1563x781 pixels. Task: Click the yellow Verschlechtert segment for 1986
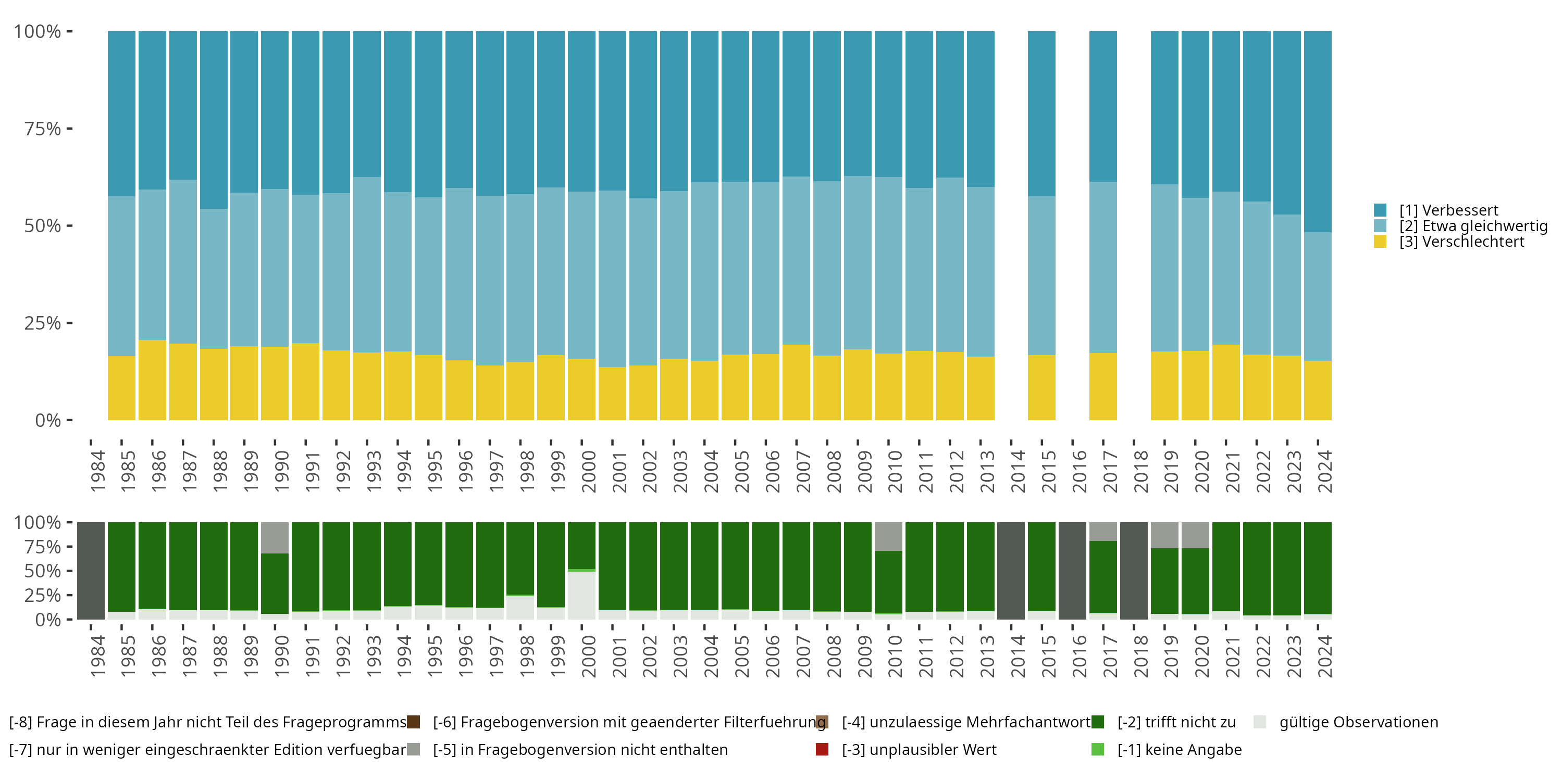click(x=152, y=380)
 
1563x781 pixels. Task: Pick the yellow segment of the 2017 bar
click(x=1102, y=386)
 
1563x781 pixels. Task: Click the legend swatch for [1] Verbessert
click(x=1380, y=210)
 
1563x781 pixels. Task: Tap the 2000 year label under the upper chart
click(x=589, y=471)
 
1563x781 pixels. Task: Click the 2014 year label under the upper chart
click(x=1018, y=471)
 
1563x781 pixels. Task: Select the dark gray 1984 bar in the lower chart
click(x=91, y=571)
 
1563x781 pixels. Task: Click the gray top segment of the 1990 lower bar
click(x=275, y=537)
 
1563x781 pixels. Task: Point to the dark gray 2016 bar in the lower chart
click(x=1072, y=571)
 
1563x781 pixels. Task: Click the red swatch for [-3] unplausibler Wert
click(x=822, y=749)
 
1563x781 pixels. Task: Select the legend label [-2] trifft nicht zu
click(x=1176, y=722)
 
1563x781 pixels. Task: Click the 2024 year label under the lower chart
click(x=1324, y=656)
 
